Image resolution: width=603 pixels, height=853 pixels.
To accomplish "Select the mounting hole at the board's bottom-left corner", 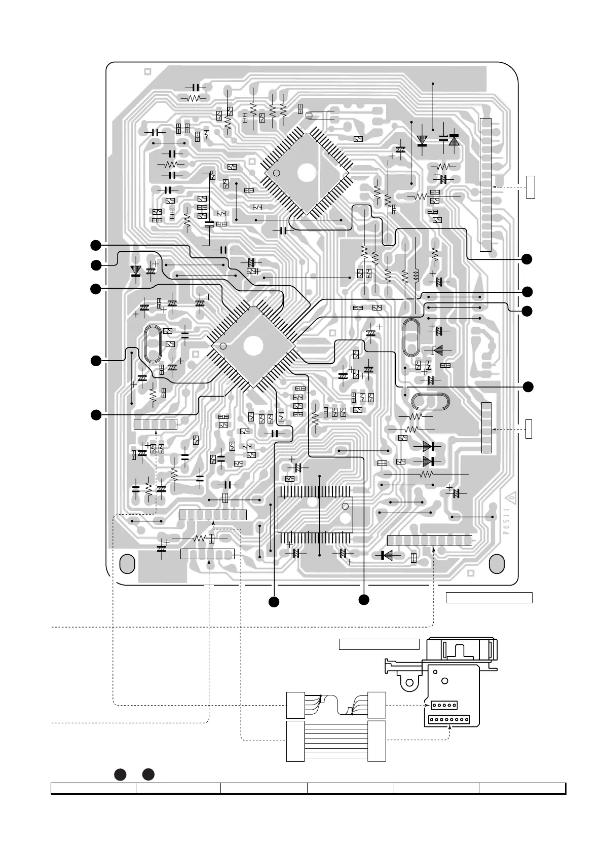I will (x=127, y=563).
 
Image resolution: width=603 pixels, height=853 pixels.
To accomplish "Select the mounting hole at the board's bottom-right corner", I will (x=498, y=563).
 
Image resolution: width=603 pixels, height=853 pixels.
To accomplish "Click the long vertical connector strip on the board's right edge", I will (x=485, y=184).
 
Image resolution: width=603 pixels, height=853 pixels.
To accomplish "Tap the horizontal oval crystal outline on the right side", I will (x=431, y=402).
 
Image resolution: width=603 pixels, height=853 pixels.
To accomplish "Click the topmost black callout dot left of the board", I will (x=95, y=245).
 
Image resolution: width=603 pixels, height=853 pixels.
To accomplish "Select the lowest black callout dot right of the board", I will (x=527, y=387).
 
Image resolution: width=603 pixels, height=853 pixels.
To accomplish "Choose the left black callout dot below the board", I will (x=274, y=602).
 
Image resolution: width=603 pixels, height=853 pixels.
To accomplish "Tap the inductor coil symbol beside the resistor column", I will (x=416, y=275).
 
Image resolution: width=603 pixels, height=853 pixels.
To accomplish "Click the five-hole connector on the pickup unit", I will (x=444, y=705).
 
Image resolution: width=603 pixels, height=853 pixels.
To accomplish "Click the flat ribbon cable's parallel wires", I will (x=336, y=741).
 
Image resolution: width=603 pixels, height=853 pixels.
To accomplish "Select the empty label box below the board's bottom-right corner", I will (x=489, y=598).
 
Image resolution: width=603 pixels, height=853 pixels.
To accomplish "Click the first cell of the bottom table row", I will (x=93, y=788).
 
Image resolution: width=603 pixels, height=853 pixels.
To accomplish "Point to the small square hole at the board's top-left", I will (x=148, y=71).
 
